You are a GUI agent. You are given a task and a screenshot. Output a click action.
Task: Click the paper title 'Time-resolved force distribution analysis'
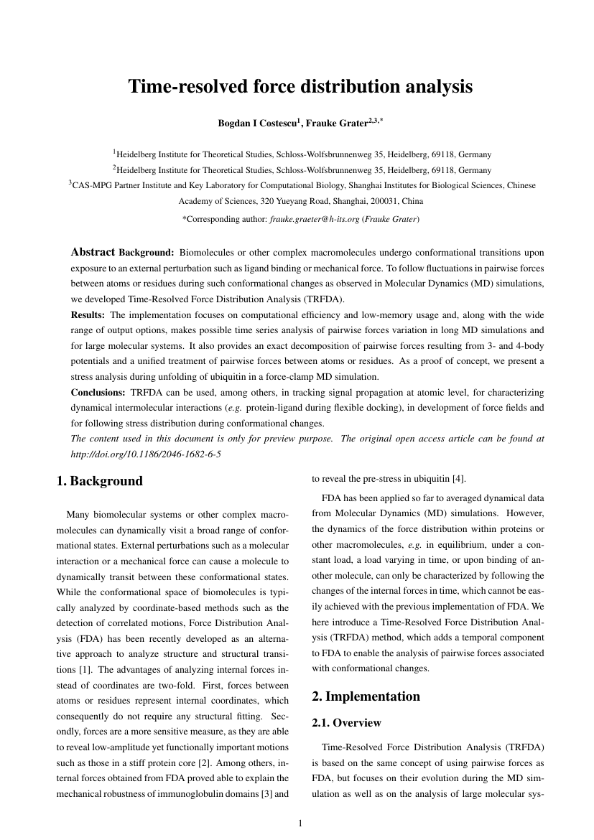(x=300, y=88)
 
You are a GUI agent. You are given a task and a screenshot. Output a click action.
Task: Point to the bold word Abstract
(x=93, y=253)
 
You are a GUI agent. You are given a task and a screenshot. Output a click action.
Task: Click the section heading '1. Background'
(x=99, y=482)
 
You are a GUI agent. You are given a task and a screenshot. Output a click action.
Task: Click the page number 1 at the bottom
(x=300, y=823)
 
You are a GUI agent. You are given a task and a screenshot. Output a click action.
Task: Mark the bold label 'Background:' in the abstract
(x=147, y=253)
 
